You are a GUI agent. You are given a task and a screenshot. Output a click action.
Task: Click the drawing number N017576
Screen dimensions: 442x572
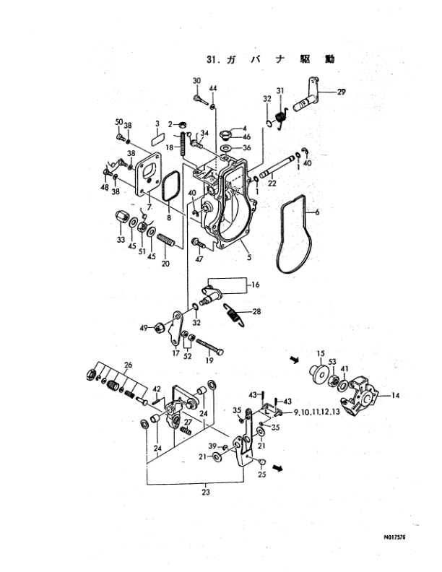(x=394, y=537)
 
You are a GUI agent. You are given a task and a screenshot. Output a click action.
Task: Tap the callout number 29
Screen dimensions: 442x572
(x=341, y=92)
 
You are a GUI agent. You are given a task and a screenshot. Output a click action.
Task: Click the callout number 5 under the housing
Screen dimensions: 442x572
(x=249, y=258)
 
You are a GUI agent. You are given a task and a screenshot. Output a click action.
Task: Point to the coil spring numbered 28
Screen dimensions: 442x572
(x=233, y=315)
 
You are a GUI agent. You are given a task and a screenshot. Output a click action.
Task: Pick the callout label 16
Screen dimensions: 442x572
(x=255, y=284)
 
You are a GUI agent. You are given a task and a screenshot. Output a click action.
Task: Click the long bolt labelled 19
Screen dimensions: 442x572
(x=209, y=347)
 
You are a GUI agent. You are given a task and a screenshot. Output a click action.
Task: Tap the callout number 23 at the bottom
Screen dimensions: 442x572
(x=206, y=492)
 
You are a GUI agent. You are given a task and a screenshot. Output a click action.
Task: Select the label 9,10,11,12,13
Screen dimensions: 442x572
(x=316, y=412)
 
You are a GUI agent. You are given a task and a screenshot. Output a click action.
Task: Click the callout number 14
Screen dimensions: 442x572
(x=396, y=395)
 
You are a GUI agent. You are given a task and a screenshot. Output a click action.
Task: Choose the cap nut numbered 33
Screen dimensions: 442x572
(x=121, y=218)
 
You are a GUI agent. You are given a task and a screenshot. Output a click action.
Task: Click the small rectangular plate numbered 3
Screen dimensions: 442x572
(x=157, y=139)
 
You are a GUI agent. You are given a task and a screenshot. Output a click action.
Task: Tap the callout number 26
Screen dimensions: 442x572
(x=128, y=365)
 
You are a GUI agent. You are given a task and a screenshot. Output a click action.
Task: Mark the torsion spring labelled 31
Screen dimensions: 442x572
(x=280, y=118)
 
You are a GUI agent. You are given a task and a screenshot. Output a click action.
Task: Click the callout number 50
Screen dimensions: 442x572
(x=119, y=122)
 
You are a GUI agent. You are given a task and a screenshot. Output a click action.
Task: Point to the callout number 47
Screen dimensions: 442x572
(x=199, y=259)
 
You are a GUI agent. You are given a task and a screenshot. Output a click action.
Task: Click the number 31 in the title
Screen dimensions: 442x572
(x=211, y=59)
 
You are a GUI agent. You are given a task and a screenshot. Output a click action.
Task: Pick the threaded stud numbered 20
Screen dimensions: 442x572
(x=166, y=241)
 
